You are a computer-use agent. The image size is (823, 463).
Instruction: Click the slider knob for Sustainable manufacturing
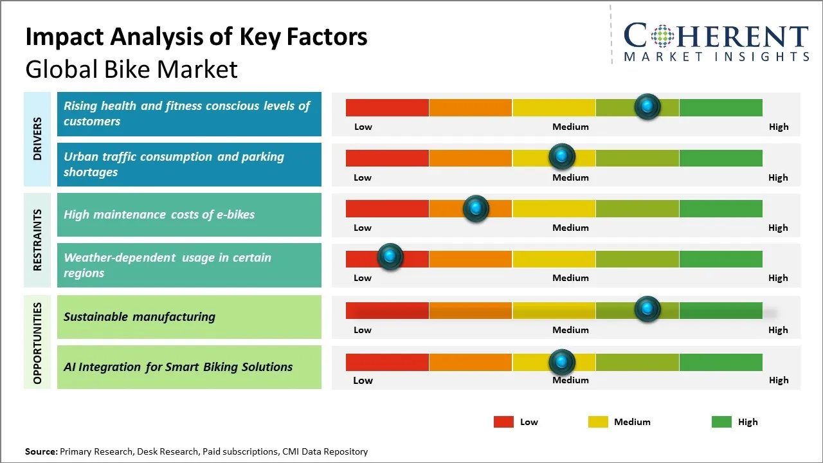point(647,309)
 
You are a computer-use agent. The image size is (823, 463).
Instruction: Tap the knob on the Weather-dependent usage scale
point(390,257)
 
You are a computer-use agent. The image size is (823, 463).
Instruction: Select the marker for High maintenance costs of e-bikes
point(476,208)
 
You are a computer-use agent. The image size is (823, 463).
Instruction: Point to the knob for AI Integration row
point(562,362)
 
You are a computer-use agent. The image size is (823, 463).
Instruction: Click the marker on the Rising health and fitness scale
point(647,106)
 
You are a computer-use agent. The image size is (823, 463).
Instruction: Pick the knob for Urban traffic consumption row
point(562,156)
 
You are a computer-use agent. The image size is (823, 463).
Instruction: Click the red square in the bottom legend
point(503,422)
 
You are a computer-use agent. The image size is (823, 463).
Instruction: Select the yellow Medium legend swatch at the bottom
point(598,422)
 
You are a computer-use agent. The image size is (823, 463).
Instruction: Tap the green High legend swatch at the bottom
point(721,422)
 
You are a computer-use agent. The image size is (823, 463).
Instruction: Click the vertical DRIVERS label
point(37,138)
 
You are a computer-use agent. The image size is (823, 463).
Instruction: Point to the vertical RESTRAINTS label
point(37,240)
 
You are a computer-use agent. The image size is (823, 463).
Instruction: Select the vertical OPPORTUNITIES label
point(37,343)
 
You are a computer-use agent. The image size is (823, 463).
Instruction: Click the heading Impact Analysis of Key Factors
point(196,37)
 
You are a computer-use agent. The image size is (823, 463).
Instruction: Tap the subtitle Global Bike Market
point(131,69)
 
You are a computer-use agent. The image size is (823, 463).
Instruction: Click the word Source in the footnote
point(41,451)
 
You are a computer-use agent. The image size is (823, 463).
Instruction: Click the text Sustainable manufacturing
point(140,316)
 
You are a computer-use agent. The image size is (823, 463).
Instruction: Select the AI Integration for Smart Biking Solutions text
point(178,367)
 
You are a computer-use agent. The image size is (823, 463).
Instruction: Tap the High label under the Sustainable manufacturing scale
point(778,330)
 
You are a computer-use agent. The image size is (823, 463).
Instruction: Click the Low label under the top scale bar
point(363,127)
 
